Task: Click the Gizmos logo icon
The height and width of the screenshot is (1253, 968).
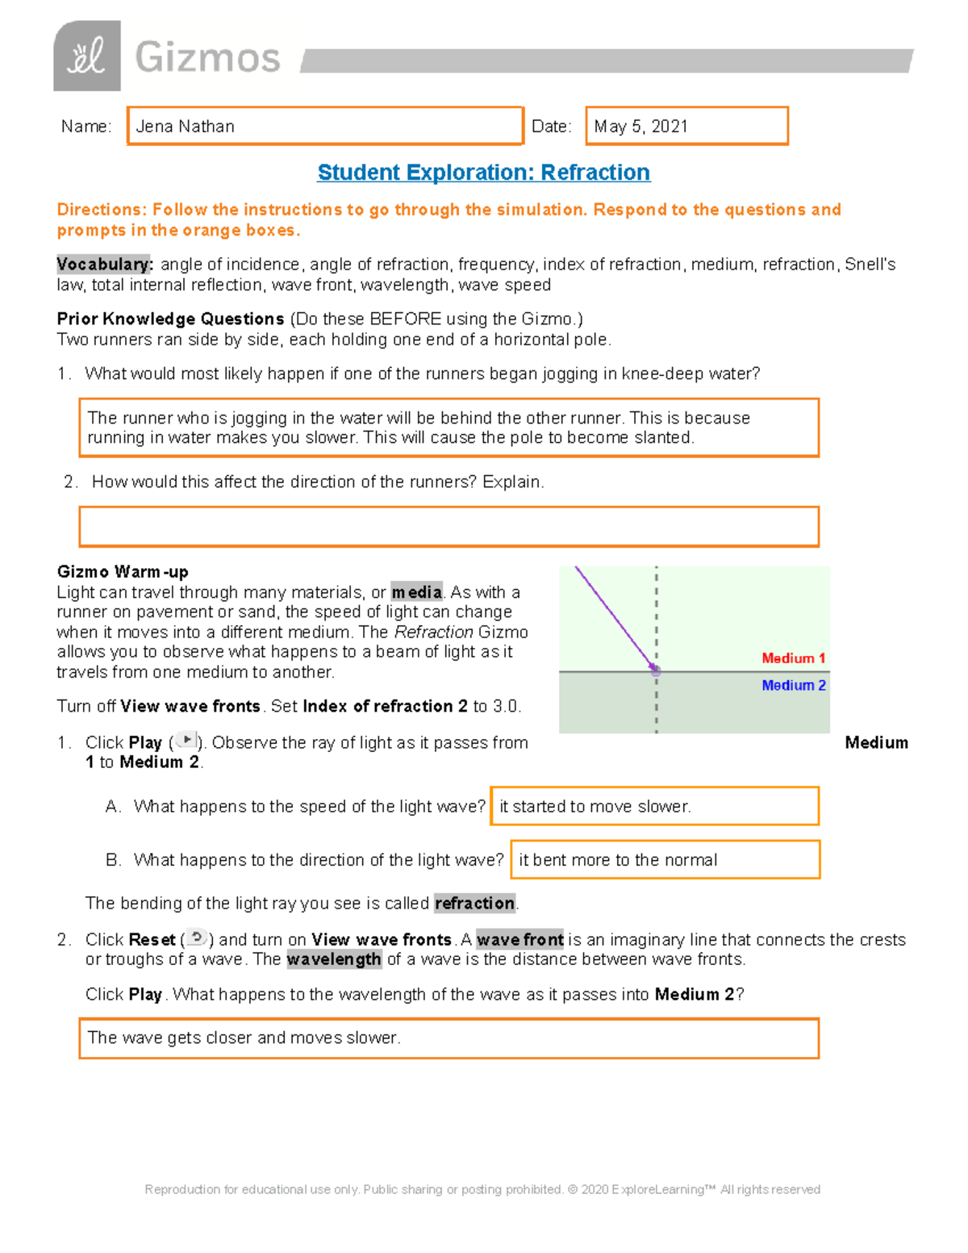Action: tap(87, 56)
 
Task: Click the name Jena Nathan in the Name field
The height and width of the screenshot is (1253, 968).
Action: tap(186, 127)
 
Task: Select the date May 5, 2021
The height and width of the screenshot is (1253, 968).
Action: tap(641, 127)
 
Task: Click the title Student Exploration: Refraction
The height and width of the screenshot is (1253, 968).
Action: tap(483, 173)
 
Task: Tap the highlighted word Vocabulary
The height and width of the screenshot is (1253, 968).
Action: tap(103, 265)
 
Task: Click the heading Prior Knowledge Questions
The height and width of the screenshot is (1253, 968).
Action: tap(170, 319)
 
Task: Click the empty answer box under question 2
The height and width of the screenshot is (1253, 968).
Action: tap(449, 527)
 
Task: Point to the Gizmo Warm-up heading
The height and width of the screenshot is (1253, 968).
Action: tap(123, 572)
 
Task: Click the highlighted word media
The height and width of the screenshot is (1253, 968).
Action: tap(417, 592)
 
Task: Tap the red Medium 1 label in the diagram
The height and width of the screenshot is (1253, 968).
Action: tap(793, 658)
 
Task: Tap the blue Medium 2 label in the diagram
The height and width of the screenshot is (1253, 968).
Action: tap(793, 685)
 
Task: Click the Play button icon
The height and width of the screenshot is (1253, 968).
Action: tap(186, 741)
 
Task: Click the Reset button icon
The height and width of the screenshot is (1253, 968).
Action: tap(197, 938)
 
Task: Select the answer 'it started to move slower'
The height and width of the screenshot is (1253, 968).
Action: tap(595, 807)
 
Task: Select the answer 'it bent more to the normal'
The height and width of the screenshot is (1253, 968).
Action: tap(618, 860)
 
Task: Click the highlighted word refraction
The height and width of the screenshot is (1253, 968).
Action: tap(475, 904)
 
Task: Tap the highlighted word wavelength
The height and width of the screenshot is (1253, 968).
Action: tap(334, 959)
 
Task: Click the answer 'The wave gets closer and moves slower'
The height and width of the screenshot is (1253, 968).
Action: tap(244, 1038)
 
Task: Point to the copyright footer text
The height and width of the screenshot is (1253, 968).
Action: tap(482, 1189)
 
